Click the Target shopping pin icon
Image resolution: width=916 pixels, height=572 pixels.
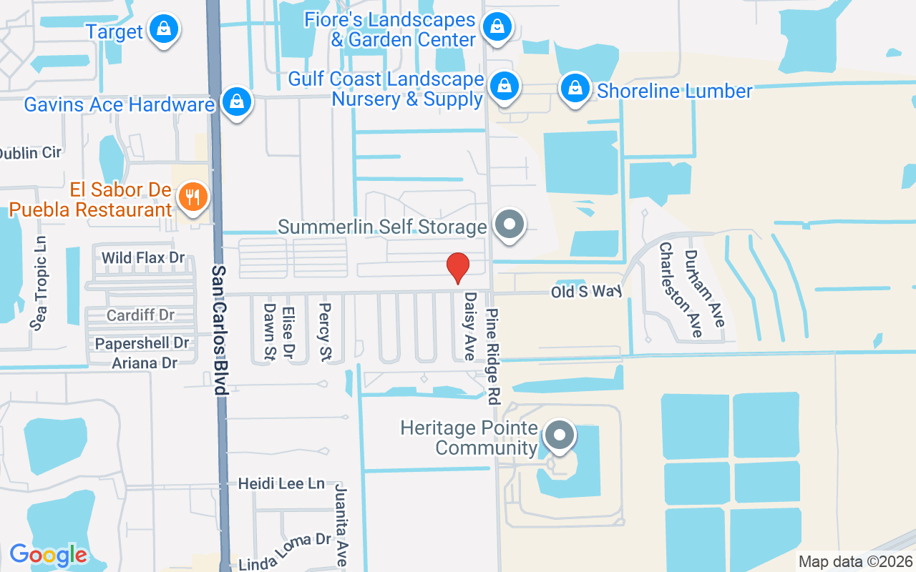pos(165,29)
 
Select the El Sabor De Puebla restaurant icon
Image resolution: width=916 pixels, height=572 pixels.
pos(191,196)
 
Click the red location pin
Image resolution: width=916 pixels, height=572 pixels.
pos(458,268)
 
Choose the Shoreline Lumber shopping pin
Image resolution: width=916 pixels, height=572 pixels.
pos(575,89)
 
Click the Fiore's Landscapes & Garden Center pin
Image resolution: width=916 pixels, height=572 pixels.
pos(495,28)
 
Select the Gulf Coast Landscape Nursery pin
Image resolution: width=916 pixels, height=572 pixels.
pos(505,86)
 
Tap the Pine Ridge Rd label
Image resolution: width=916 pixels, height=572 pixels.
pos(494,353)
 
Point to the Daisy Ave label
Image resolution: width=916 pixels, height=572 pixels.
pos(470,325)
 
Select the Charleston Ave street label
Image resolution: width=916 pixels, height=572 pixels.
pos(671,289)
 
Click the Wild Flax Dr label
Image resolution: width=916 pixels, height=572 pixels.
pos(143,257)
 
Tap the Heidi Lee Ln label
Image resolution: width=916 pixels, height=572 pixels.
pos(281,483)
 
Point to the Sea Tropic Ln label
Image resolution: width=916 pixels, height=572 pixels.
pos(39,283)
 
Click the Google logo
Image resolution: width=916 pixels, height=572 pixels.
pos(49,554)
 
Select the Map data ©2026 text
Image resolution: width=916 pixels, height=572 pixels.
pos(855,561)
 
